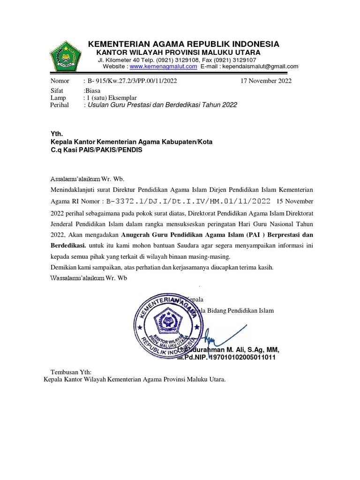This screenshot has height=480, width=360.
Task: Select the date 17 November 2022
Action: pos(266,81)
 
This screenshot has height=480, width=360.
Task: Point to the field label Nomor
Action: pos(60,81)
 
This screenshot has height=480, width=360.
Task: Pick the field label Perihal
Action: pos(60,105)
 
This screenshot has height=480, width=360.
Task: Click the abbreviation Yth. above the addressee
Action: pos(56,134)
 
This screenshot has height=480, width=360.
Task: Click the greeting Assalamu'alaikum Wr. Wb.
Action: pos(88,179)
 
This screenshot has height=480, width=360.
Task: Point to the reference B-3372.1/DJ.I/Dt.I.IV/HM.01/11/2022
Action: pos(189,202)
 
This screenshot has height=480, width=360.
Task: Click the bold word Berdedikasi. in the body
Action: pos(68,245)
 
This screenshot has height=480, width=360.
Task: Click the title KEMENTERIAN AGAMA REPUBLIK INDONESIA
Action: pos(184,44)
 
